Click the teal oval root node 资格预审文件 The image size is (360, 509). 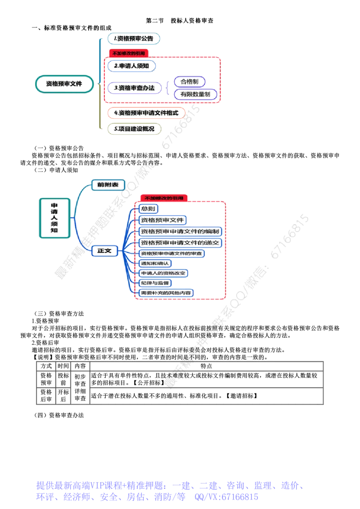[x=64, y=84]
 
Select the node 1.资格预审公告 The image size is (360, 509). [x=134, y=39]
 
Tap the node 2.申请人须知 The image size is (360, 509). [x=132, y=66]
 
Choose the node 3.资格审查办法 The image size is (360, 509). [x=134, y=88]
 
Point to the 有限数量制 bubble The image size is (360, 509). [x=195, y=94]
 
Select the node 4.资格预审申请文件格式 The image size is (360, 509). [x=147, y=113]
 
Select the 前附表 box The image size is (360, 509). [x=108, y=184]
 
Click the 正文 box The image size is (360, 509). [x=104, y=251]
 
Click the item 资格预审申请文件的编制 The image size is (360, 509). [x=180, y=232]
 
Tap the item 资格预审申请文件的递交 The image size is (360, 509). [x=180, y=243]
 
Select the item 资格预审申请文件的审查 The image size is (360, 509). [x=171, y=254]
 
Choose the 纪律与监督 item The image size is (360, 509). [x=155, y=283]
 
